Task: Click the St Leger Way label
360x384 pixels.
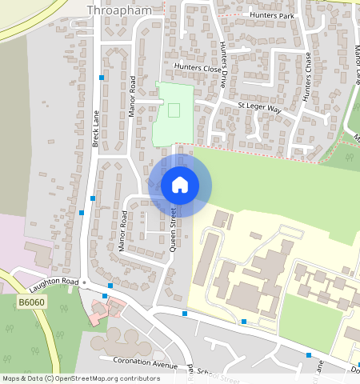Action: (x=260, y=107)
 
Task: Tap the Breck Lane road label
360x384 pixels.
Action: (x=95, y=128)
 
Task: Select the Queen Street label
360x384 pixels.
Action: (x=172, y=230)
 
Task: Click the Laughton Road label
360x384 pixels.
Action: (x=55, y=282)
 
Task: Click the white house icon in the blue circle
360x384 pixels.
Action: (x=180, y=185)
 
